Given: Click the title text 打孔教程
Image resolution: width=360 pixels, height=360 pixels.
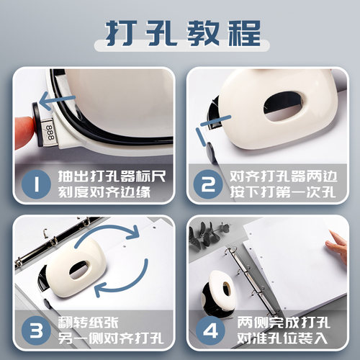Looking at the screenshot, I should tap(180, 32).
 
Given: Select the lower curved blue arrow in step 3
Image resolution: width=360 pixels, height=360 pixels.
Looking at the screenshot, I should tap(112, 288).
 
